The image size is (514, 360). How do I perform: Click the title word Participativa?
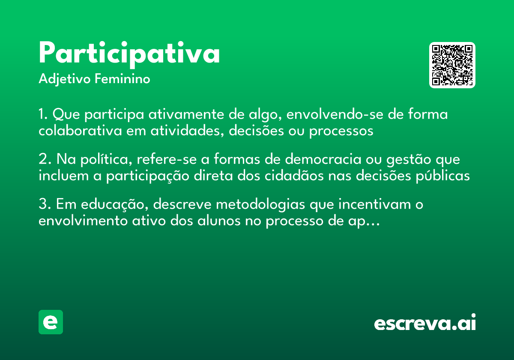coord(129,53)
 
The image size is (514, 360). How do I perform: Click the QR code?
coord(452,65)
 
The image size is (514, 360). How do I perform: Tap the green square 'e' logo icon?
coord(51,322)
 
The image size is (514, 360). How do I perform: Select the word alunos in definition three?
coord(219,221)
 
